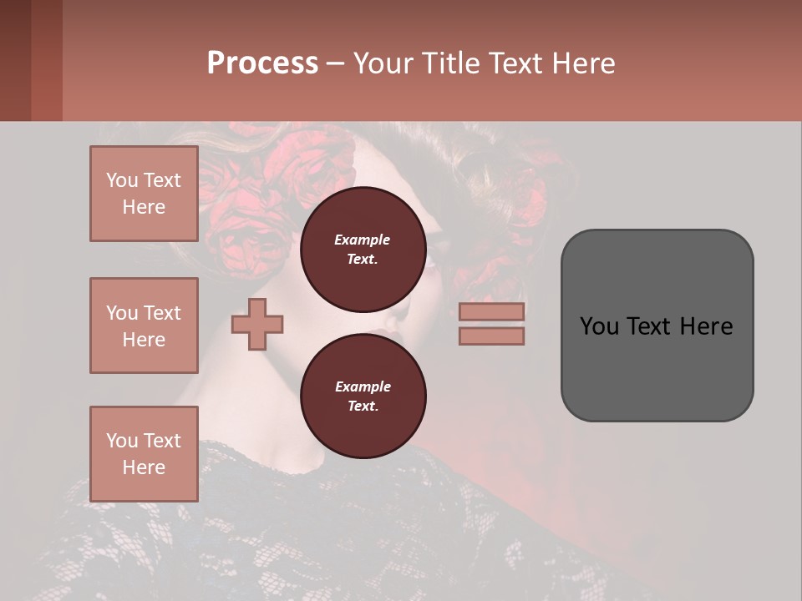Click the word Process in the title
click(262, 63)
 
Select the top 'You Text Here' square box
click(144, 194)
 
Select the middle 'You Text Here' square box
click(144, 326)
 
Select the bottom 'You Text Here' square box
click(144, 453)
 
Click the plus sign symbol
click(257, 324)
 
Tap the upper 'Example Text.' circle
click(363, 249)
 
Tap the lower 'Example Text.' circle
click(363, 396)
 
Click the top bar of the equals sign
click(491, 311)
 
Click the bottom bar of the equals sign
click(491, 336)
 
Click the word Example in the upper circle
click(363, 240)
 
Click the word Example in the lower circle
click(363, 386)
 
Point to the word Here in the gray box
click(706, 326)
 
